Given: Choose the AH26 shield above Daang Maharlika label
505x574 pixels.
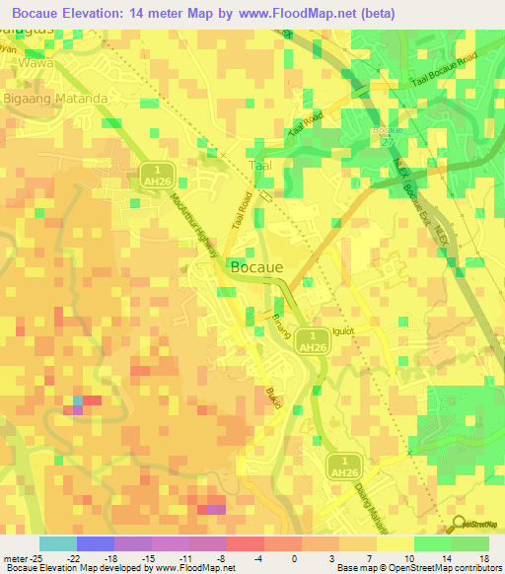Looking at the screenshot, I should pos(345,466).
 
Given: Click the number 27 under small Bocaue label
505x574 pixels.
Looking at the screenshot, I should pos(386,142).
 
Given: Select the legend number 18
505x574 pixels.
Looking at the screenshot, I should pos(483,558).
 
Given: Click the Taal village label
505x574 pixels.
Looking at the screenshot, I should pos(261,166).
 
